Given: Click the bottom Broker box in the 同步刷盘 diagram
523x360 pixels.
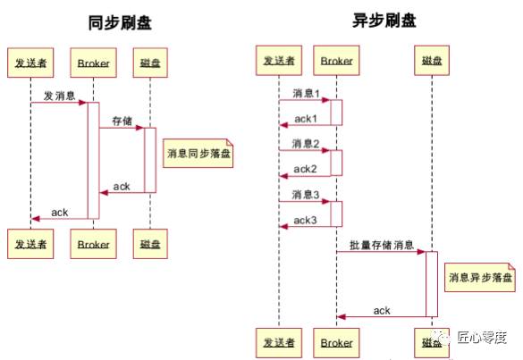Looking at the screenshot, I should click(x=93, y=242).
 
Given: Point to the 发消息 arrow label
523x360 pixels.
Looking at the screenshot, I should click(x=59, y=95).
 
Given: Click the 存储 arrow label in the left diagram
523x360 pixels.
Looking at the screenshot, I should click(x=122, y=120).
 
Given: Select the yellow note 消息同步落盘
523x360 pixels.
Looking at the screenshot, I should click(x=198, y=154).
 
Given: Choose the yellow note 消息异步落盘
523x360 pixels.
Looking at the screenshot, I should click(x=481, y=279).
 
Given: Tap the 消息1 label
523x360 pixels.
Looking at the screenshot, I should click(x=305, y=92).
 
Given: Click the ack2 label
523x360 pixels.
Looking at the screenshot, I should click(x=306, y=168).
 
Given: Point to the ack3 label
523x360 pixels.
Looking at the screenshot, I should click(x=306, y=219).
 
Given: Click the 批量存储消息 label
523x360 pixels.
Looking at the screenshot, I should click(x=381, y=244).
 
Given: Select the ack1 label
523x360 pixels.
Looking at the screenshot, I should click(x=306, y=118).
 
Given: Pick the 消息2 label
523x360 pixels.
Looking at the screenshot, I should click(x=305, y=143).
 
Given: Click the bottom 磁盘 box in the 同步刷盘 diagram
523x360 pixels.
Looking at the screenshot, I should click(x=150, y=242).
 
